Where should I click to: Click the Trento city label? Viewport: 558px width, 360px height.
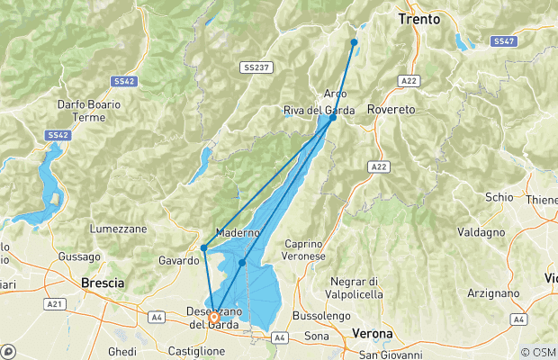(419, 18)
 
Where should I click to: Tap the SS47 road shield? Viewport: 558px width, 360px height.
(503, 41)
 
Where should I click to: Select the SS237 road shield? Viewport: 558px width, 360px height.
(253, 67)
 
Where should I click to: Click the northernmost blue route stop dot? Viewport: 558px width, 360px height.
(355, 42)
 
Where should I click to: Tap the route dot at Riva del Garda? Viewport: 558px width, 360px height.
(333, 118)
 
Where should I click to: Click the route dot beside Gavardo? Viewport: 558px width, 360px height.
(204, 247)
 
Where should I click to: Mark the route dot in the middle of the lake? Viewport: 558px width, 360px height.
(242, 263)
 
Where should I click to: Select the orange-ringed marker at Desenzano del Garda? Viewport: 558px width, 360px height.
(214, 317)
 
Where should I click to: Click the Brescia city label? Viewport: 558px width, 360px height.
(101, 282)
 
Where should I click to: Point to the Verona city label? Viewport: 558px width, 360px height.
(372, 334)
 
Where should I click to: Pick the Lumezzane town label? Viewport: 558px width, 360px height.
(118, 229)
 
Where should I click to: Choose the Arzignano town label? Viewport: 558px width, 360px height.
(493, 293)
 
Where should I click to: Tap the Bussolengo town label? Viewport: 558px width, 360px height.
(319, 318)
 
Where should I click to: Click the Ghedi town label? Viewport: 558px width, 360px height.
(121, 351)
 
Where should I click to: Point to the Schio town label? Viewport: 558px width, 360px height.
(498, 196)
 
